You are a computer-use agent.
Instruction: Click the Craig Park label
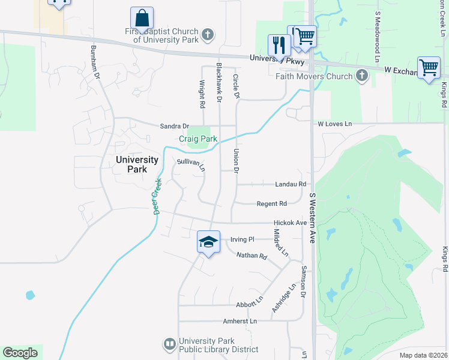(x=198, y=139)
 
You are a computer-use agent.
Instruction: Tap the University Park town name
(x=137, y=164)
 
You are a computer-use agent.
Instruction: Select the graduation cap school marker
(x=208, y=242)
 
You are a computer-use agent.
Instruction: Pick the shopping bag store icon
(x=142, y=18)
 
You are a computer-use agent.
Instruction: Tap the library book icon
(x=169, y=344)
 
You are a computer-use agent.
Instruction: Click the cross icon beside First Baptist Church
(x=208, y=34)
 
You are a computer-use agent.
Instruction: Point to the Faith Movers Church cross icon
(x=361, y=76)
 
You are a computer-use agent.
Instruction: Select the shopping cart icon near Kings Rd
(x=429, y=67)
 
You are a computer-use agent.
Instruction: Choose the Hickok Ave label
(x=291, y=223)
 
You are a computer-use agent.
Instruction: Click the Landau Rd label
(x=291, y=184)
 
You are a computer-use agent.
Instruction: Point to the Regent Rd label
(x=271, y=204)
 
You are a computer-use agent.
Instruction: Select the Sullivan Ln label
(x=191, y=164)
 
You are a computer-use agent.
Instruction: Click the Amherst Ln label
(x=240, y=321)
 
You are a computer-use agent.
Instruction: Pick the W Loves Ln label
(x=335, y=124)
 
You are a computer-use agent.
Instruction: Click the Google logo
(x=20, y=353)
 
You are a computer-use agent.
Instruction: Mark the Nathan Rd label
(x=252, y=256)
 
